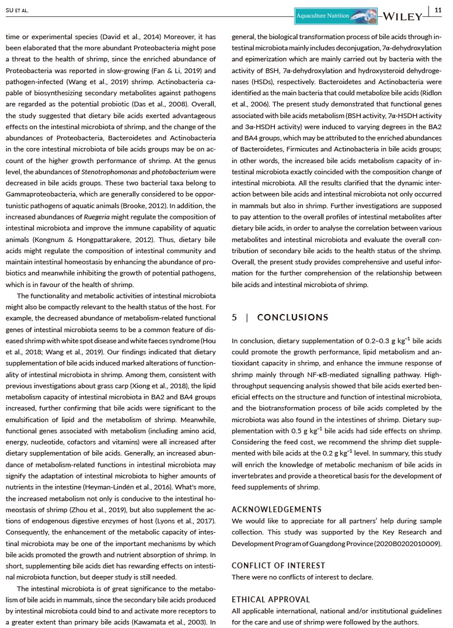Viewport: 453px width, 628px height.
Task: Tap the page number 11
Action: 438,10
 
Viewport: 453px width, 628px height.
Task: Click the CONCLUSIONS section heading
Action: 292,318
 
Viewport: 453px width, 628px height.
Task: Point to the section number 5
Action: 234,318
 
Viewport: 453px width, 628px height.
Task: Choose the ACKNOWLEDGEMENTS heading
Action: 276,509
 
